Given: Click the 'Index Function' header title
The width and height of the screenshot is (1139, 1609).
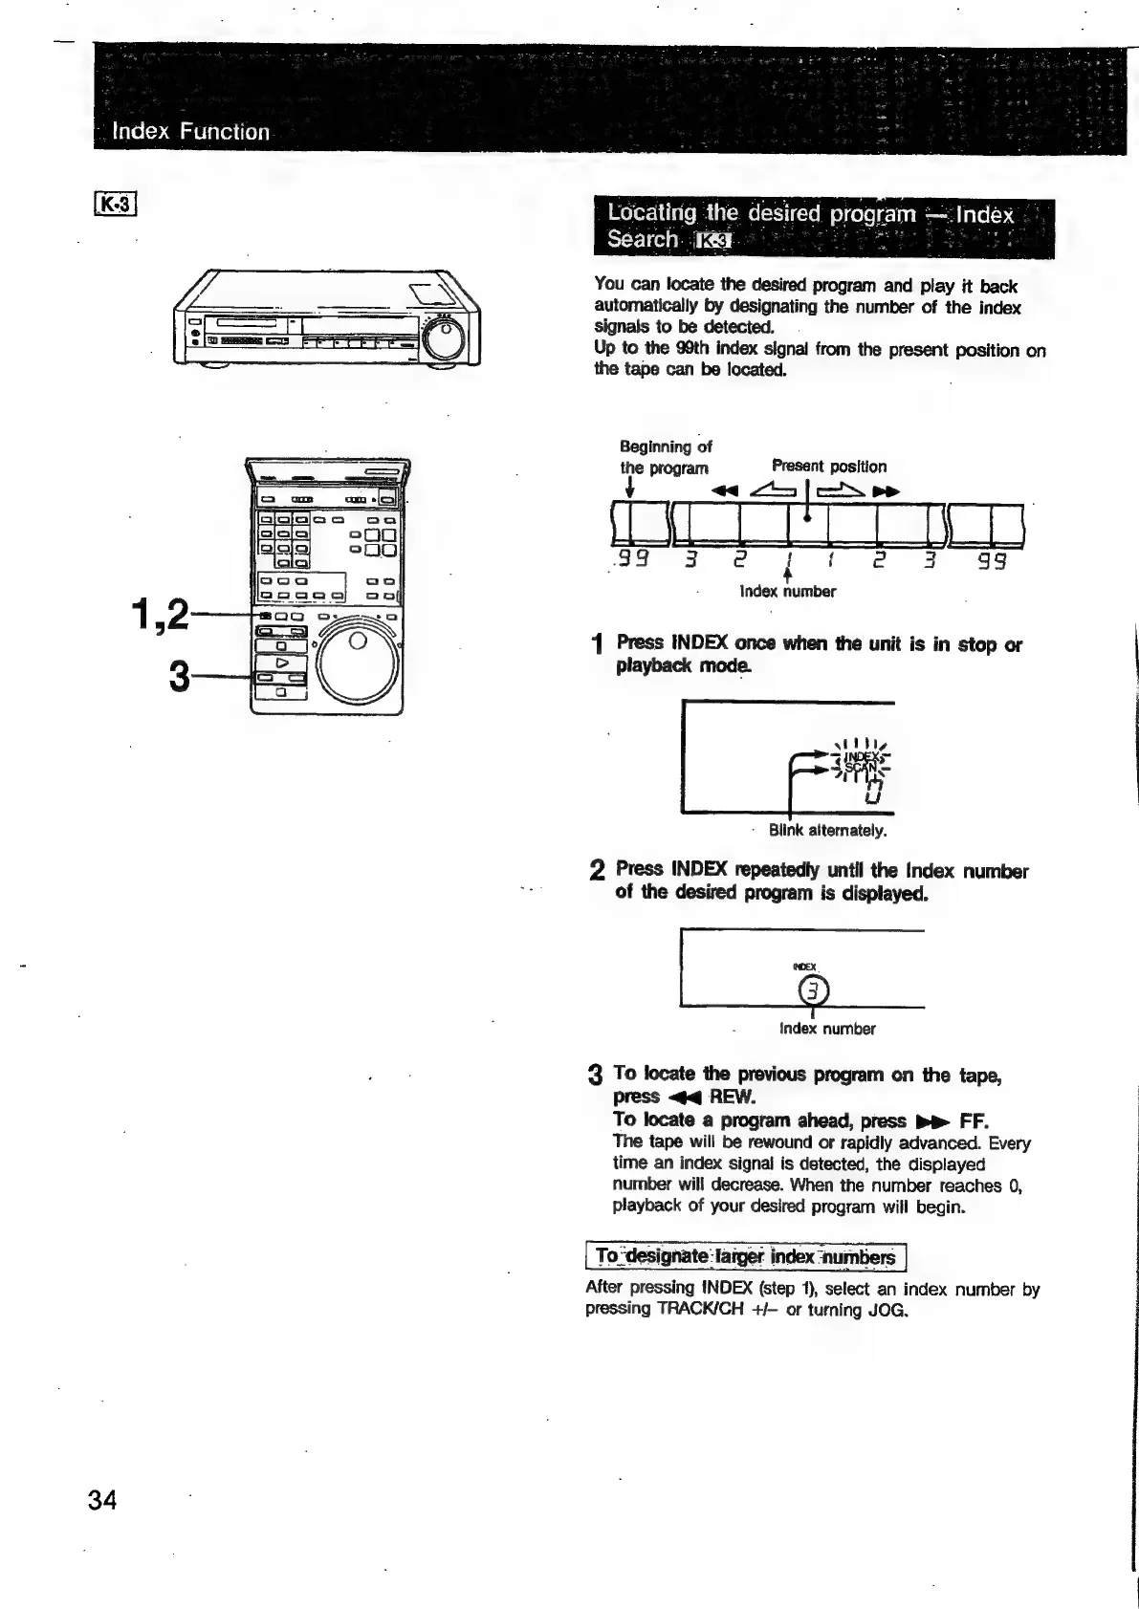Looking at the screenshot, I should [191, 131].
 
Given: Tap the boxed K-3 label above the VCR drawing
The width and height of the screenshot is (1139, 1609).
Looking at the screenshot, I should [118, 205].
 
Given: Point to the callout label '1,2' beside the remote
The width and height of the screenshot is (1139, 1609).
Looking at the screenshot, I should [160, 615].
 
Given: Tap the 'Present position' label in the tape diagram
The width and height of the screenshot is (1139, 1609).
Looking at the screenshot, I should [828, 467].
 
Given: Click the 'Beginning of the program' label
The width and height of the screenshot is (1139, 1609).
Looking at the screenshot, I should [666, 457].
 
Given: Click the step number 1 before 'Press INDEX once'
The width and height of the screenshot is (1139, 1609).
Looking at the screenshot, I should [597, 647].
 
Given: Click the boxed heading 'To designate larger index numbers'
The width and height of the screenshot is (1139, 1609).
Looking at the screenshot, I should [745, 1256].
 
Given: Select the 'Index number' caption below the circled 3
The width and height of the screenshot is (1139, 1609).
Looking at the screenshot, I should [826, 1029].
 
